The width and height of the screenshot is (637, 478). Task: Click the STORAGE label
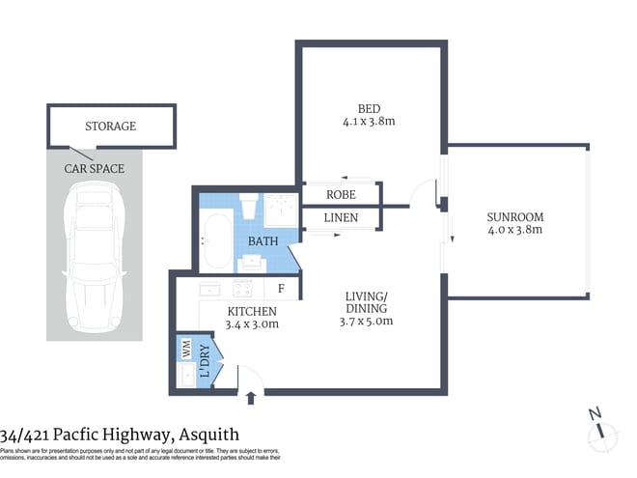pyautogui.click(x=110, y=127)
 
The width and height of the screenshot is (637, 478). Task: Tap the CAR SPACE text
pyautogui.click(x=94, y=169)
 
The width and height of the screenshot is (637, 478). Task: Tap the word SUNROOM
pyautogui.click(x=514, y=216)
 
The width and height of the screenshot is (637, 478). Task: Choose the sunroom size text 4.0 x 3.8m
pyautogui.click(x=514, y=230)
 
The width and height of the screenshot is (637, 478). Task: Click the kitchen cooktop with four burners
pyautogui.click(x=241, y=288)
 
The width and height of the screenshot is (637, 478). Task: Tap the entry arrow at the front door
pyautogui.click(x=253, y=397)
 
